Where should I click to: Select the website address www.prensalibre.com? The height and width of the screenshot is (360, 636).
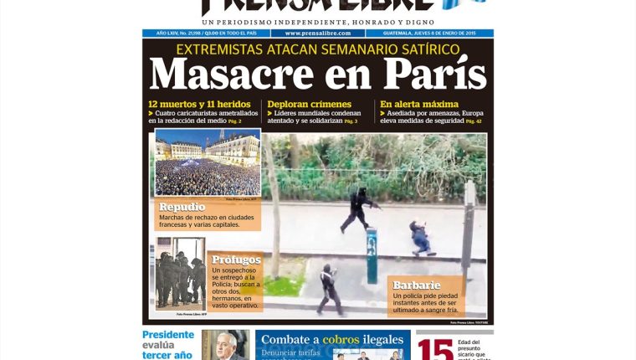coord(317,33)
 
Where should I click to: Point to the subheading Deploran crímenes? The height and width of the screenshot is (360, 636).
coord(309,105)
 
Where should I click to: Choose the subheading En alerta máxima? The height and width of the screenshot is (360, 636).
coord(419,105)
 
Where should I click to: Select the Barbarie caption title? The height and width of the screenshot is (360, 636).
coord(416,285)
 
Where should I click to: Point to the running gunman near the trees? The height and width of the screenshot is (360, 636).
coord(358,210)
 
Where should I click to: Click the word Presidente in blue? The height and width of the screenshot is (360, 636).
coord(167,336)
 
